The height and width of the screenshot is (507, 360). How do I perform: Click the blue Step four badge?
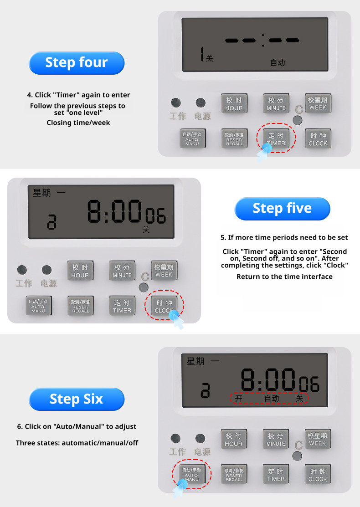(77, 63)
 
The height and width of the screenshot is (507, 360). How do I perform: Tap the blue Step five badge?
(283, 209)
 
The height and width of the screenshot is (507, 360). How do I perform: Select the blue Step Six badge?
(77, 399)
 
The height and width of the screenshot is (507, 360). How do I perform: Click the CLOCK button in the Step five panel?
(165, 306)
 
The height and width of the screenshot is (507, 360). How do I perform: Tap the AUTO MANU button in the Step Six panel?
(192, 474)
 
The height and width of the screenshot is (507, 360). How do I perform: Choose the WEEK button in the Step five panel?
(164, 271)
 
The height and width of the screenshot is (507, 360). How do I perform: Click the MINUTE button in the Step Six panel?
(276, 440)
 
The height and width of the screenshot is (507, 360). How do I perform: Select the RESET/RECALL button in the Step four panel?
(234, 139)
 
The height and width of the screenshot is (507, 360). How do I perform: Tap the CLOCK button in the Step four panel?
(318, 139)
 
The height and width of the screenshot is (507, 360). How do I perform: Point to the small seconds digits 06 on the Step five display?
(155, 216)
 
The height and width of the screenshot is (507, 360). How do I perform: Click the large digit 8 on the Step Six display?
(248, 380)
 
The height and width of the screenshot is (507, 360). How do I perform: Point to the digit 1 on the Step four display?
(202, 54)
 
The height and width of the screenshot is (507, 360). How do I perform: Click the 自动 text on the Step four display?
(278, 63)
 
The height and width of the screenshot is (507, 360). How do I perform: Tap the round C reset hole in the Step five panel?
(143, 287)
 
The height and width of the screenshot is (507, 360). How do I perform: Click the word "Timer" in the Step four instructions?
(65, 95)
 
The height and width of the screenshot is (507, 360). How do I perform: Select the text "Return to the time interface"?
(284, 277)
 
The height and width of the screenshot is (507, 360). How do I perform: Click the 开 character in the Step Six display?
(238, 398)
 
